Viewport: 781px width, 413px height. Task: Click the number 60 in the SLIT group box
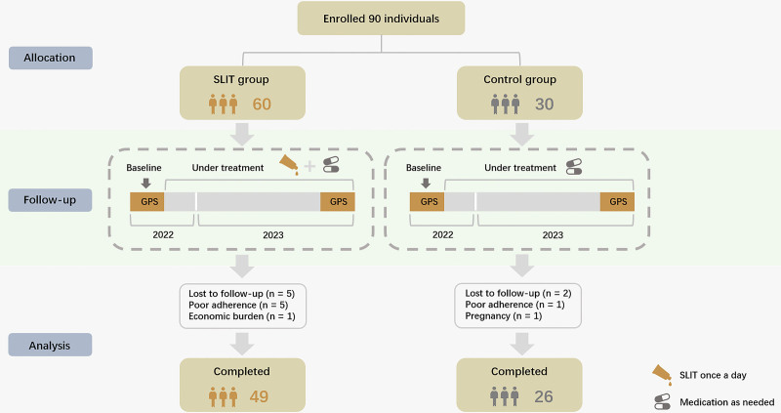coord(262,104)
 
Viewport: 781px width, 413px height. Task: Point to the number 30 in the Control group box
coord(543,104)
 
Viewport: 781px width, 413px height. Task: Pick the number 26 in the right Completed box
coord(542,396)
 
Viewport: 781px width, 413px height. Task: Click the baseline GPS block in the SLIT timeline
coord(146,201)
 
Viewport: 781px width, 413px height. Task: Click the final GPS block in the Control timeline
coord(617,201)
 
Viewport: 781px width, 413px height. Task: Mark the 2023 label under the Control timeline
coord(553,235)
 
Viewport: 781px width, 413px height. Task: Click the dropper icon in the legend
coord(661,376)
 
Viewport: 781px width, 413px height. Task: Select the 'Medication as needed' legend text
coord(723,400)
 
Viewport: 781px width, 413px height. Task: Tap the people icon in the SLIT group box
coord(225,103)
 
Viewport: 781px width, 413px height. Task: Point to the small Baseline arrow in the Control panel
coord(426,181)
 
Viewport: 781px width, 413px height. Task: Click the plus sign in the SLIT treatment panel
coord(309,166)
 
